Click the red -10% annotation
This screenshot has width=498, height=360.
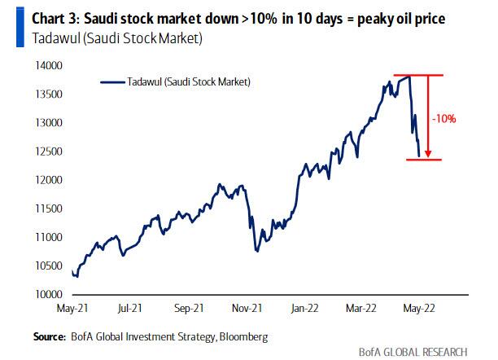444,119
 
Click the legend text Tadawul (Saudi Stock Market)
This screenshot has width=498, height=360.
188,81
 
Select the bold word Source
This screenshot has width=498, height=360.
49,335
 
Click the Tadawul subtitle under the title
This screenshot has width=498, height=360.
104,37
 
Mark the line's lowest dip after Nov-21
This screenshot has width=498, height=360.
257,250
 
